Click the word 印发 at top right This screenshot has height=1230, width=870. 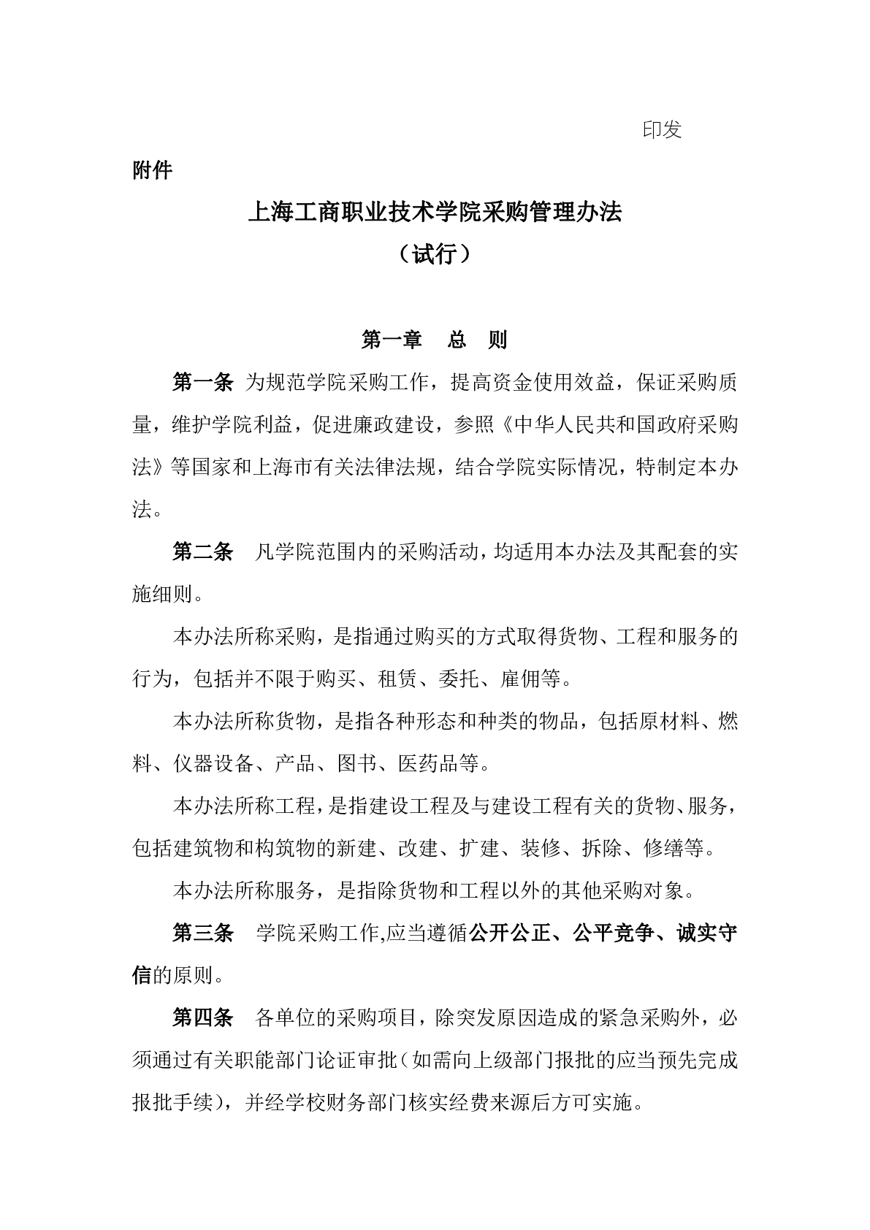pos(662,130)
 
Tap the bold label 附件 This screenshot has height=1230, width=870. pos(152,170)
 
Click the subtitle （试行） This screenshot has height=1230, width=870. pos(435,254)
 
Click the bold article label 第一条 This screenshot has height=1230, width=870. pos(202,381)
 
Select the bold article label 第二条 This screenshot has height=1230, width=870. pos(202,551)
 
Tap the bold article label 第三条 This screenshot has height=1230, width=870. pos(202,933)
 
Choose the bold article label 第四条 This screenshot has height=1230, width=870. pos(202,1017)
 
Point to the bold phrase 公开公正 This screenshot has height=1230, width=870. pos(508,933)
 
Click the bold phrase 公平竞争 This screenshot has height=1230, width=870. pos(612,933)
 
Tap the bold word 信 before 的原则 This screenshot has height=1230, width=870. pos(142,975)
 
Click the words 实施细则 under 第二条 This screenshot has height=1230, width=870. pos(162,594)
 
